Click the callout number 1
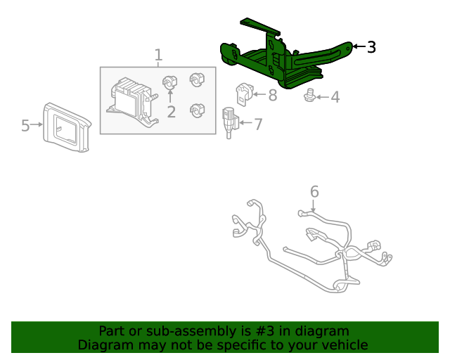coord(158,55)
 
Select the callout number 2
coord(171,111)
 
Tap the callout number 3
coord(371,47)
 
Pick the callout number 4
coord(335,97)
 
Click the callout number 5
coord(25,126)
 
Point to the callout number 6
coord(314,191)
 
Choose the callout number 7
coord(258,124)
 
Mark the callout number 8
coord(272,94)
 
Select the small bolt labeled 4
coord(308,96)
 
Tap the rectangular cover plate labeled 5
coord(67,127)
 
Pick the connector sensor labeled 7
coord(229,121)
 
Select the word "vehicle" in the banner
coord(344,345)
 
